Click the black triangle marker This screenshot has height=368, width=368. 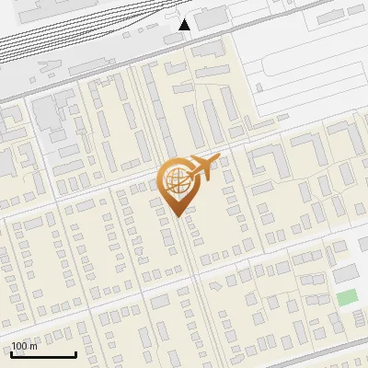coord(185,25)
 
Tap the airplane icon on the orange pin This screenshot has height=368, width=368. coord(202,168)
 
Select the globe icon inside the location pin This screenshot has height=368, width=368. coord(174,179)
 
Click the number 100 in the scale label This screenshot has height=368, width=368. coord(19,347)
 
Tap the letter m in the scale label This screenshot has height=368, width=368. coord(33,347)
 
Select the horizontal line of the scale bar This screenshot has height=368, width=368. coord(42,355)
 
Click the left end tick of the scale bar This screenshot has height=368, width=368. coord(10,353)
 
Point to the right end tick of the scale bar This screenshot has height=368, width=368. coord(75,353)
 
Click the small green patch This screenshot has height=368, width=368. coord(346,297)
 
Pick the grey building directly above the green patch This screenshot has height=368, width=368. coord(345,274)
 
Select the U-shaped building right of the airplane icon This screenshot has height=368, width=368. coord(268,164)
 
